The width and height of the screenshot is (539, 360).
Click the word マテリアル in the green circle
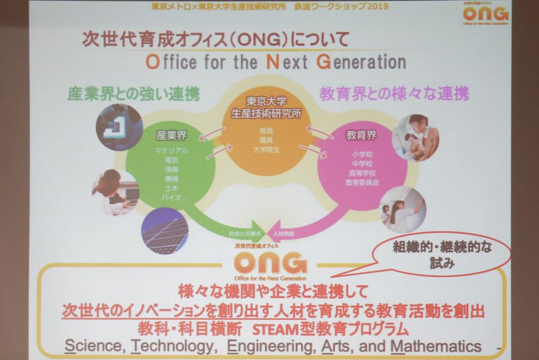(x=172, y=150)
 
